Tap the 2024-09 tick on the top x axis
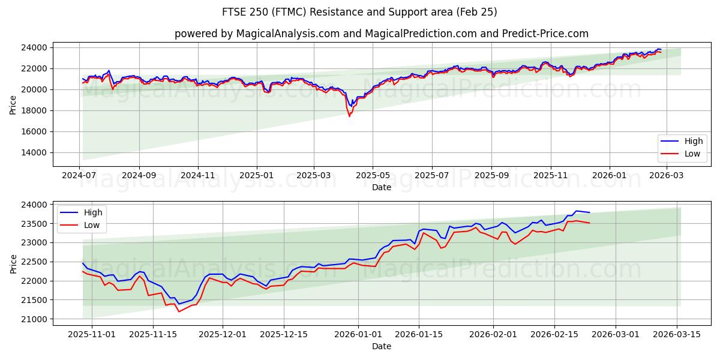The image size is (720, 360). click(x=139, y=175)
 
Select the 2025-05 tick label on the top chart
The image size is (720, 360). click(x=373, y=175)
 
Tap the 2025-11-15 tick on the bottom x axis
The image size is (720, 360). click(x=153, y=334)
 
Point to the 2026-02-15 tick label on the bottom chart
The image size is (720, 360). click(x=554, y=334)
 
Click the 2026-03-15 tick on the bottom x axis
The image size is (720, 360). click(x=678, y=334)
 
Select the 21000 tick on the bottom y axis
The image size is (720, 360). click(x=34, y=319)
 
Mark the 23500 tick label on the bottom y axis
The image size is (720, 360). click(x=34, y=224)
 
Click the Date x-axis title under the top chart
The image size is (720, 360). click(x=381, y=187)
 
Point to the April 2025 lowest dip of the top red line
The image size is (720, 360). click(x=349, y=116)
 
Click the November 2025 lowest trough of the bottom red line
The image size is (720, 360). click(x=179, y=311)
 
